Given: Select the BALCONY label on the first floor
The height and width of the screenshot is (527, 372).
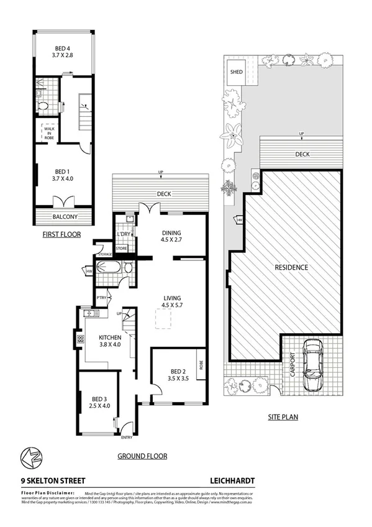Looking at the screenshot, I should pos(65,217).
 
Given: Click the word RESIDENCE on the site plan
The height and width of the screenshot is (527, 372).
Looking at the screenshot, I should pos(291,267).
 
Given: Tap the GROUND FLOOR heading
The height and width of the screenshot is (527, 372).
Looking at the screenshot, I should pos(142,456).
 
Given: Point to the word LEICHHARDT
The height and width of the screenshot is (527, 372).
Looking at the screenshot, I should pos(232,480).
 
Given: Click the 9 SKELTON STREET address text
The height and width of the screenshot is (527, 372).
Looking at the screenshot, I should pos(53,480).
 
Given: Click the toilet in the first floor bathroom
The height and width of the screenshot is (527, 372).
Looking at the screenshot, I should pos(43,106).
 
